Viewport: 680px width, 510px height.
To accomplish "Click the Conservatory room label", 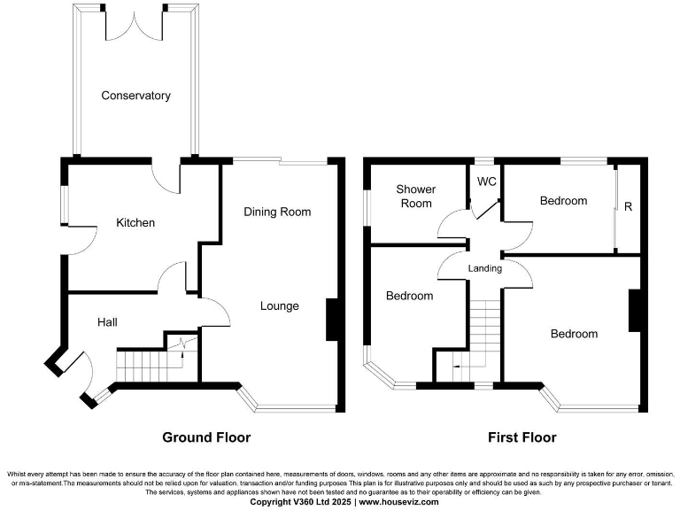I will point(135,96).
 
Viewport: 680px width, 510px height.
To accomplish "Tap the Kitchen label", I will point(135,223).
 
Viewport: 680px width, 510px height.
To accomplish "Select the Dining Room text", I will point(277,212).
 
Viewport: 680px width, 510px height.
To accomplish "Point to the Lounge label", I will point(279,306).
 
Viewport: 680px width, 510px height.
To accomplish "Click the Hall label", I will point(108,323).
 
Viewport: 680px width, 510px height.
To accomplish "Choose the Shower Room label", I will point(415,197).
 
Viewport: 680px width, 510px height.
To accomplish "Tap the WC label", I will point(486,182).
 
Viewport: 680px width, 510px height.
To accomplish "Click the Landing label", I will point(484,268).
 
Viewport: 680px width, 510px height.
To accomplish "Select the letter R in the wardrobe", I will point(628,207).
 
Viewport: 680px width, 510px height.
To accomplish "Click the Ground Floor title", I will point(205,437).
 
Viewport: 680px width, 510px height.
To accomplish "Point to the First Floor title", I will point(522,437).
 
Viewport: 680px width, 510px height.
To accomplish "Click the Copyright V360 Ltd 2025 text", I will point(302,502).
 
